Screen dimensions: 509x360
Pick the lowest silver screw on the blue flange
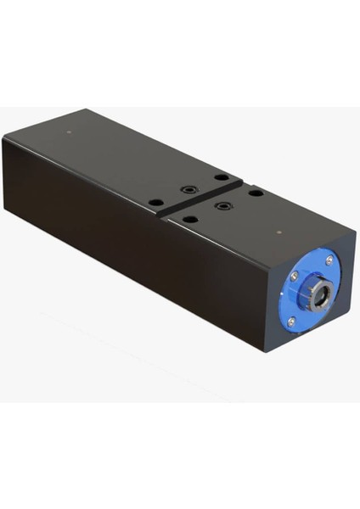click(x=291, y=322)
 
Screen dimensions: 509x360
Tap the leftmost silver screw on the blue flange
click(x=294, y=275)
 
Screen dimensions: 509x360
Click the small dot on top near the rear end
click(x=68, y=131)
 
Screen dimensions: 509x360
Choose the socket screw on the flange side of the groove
click(x=222, y=205)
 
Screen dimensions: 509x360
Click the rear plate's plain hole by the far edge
click(x=221, y=177)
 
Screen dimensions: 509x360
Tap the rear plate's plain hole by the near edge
click(x=155, y=202)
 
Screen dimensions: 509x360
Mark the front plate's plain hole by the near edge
click(x=190, y=219)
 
